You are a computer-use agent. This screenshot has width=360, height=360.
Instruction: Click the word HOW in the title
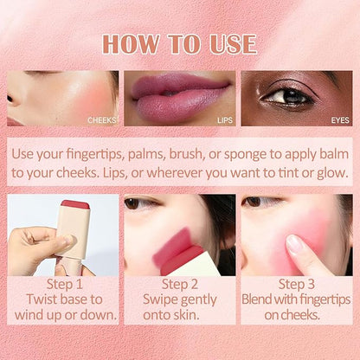tap(131, 44)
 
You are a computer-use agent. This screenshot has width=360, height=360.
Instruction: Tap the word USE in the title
tap(233, 44)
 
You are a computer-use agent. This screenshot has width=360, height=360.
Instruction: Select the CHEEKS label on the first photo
tap(102, 120)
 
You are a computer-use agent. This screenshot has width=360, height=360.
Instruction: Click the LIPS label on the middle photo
tap(225, 120)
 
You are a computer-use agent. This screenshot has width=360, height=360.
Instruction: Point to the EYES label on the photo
tap(340, 120)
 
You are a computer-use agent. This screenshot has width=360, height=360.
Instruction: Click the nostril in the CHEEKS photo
tap(10, 99)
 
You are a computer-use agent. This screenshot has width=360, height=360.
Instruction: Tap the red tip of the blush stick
tap(75, 205)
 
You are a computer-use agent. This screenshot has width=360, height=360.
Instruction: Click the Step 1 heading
tap(65, 284)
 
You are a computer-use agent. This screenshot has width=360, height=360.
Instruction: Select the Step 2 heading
tap(180, 284)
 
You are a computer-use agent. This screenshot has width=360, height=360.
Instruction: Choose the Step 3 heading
tap(296, 284)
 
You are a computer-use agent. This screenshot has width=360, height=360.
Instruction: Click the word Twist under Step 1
tap(41, 299)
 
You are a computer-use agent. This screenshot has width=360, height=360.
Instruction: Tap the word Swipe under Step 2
tap(159, 299)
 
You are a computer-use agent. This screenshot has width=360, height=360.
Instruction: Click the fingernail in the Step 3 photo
tap(294, 244)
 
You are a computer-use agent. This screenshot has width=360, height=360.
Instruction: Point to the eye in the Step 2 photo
tap(133, 203)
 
